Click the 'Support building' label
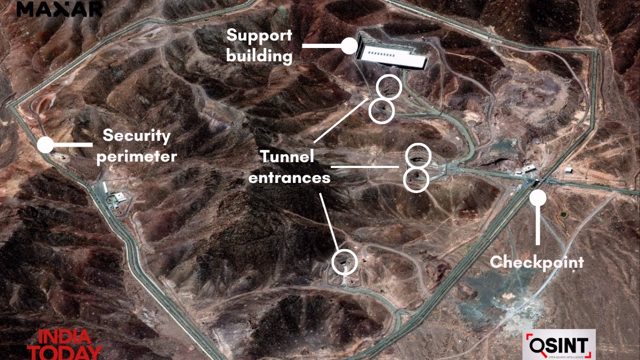[x=260, y=45]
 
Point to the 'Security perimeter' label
[x=137, y=146]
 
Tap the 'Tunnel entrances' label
[x=289, y=166]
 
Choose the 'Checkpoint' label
[x=537, y=262]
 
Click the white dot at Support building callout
[x=349, y=45]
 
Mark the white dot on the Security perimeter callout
[x=45, y=145]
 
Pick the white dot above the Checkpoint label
[x=538, y=198]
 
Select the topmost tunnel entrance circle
[x=389, y=87]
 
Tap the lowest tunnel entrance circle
[x=343, y=261]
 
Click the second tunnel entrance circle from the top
[x=382, y=111]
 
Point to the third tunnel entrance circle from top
[x=418, y=156]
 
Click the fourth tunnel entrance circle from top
[x=416, y=180]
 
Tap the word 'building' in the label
[x=260, y=55]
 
